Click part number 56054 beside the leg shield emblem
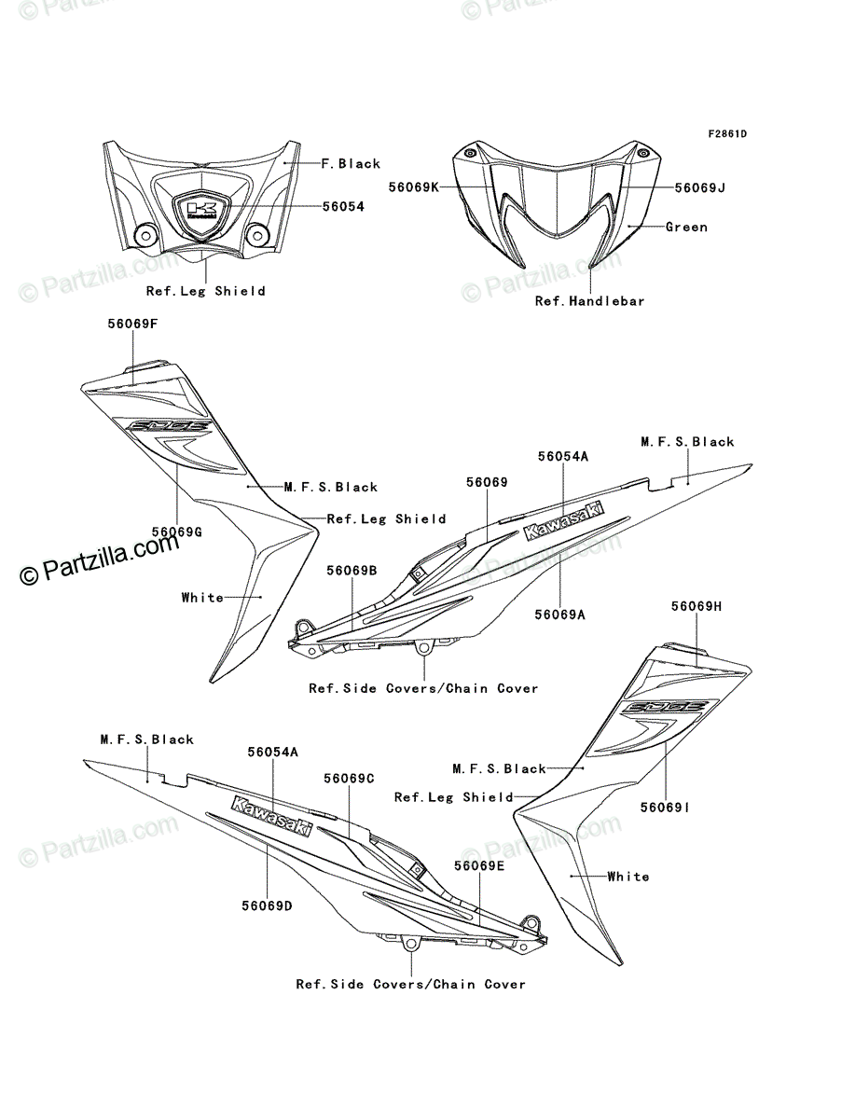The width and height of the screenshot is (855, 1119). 343,206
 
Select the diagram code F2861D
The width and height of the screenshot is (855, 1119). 727,134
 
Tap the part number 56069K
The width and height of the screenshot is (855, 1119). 414,187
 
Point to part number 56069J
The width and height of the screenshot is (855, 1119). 700,187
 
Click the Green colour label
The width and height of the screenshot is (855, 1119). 687,227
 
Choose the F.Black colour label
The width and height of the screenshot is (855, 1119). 352,163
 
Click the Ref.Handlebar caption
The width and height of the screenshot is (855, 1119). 590,301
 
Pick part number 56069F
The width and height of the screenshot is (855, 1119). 132,324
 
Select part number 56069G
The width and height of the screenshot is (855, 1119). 177,532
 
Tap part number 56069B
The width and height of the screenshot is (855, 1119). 352,571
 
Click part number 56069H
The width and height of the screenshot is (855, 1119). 696,606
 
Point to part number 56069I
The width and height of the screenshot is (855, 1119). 665,808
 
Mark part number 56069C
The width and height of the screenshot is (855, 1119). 349,779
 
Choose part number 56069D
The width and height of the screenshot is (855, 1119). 267,905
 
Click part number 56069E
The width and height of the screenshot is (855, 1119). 479,866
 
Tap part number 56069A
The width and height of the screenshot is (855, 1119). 560,615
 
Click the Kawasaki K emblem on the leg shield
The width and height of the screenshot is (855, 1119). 201,211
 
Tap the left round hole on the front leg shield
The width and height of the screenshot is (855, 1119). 145,236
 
